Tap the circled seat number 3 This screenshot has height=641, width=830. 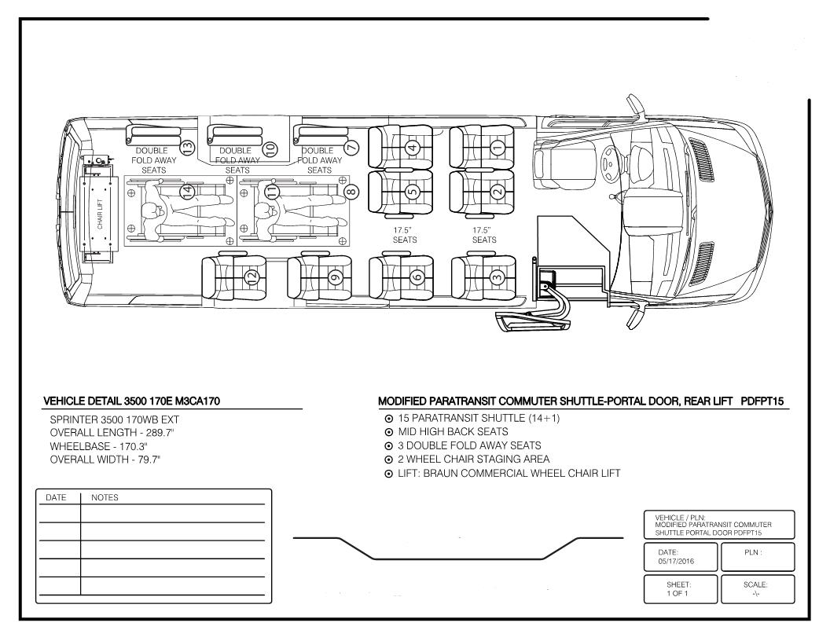point(496,276)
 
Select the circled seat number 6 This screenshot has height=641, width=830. point(417,276)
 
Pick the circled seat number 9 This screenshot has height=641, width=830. point(335,276)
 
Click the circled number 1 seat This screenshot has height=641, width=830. point(496,146)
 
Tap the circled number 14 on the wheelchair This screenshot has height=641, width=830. point(187,191)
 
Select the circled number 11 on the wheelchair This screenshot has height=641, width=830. point(272,191)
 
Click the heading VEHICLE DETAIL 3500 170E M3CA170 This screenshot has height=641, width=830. point(131,401)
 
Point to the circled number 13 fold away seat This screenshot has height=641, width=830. point(187,146)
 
